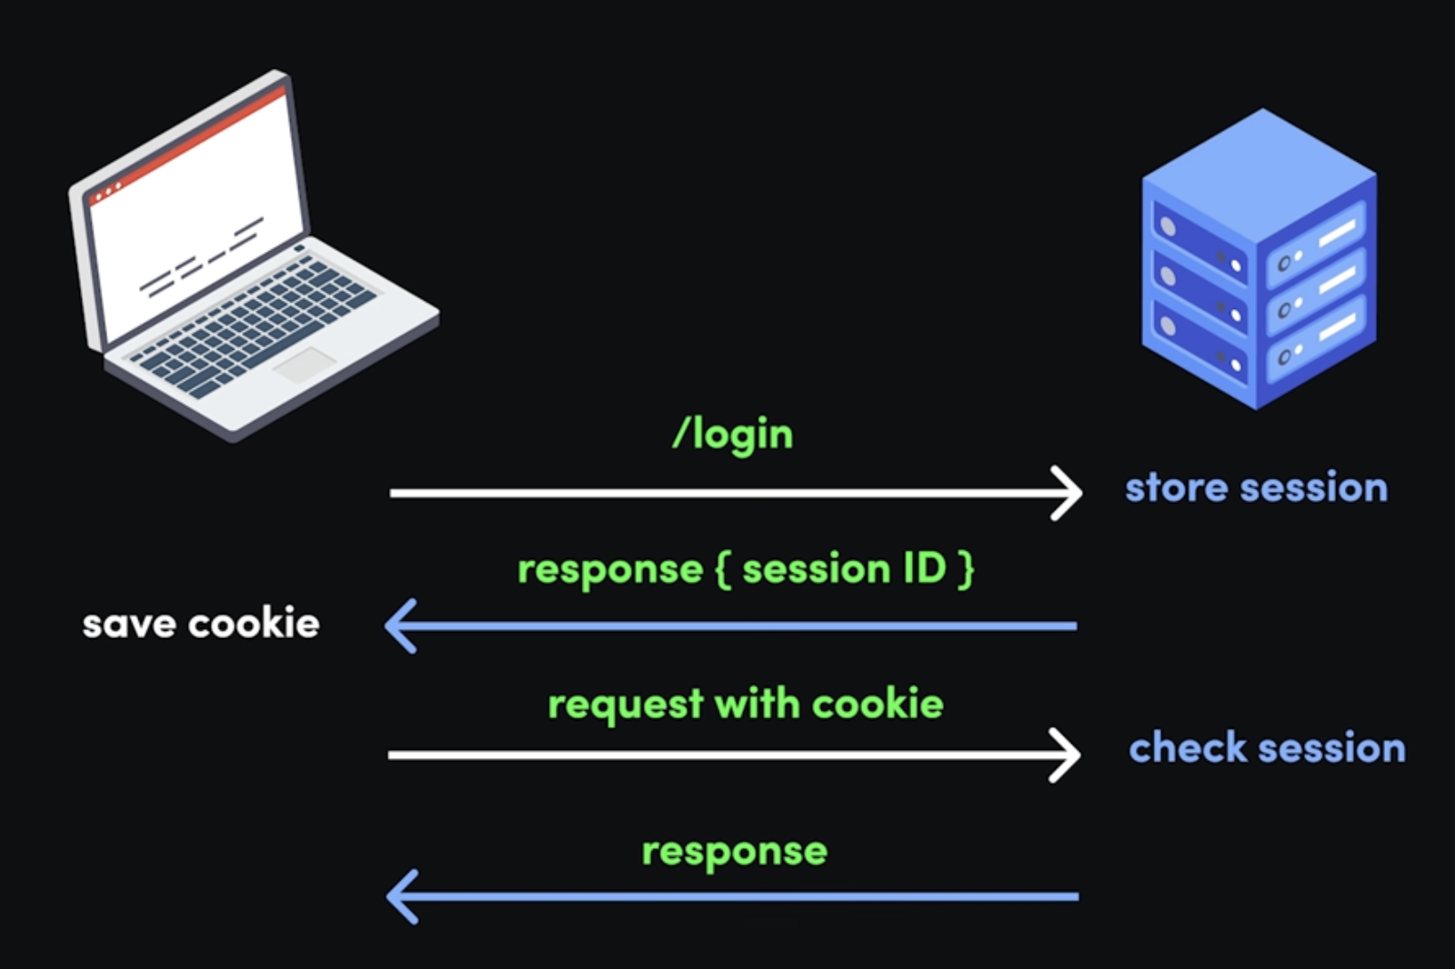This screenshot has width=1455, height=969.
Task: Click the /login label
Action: click(733, 435)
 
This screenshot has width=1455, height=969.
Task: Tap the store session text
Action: click(1256, 488)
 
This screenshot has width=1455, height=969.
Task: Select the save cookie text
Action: click(201, 624)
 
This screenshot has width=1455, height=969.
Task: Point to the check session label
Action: click(1267, 748)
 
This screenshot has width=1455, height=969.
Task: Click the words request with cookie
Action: click(746, 704)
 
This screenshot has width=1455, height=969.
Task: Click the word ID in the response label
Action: click(924, 569)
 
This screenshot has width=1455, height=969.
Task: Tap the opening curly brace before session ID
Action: click(723, 569)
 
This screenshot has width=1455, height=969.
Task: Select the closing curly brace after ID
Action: click(966, 569)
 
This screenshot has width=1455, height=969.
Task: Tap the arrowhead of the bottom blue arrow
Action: click(402, 896)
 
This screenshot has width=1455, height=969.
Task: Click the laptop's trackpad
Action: click(305, 364)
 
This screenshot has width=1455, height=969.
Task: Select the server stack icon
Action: click(1259, 259)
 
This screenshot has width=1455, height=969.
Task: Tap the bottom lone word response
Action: click(735, 852)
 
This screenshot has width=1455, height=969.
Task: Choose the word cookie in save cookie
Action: click(254, 624)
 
